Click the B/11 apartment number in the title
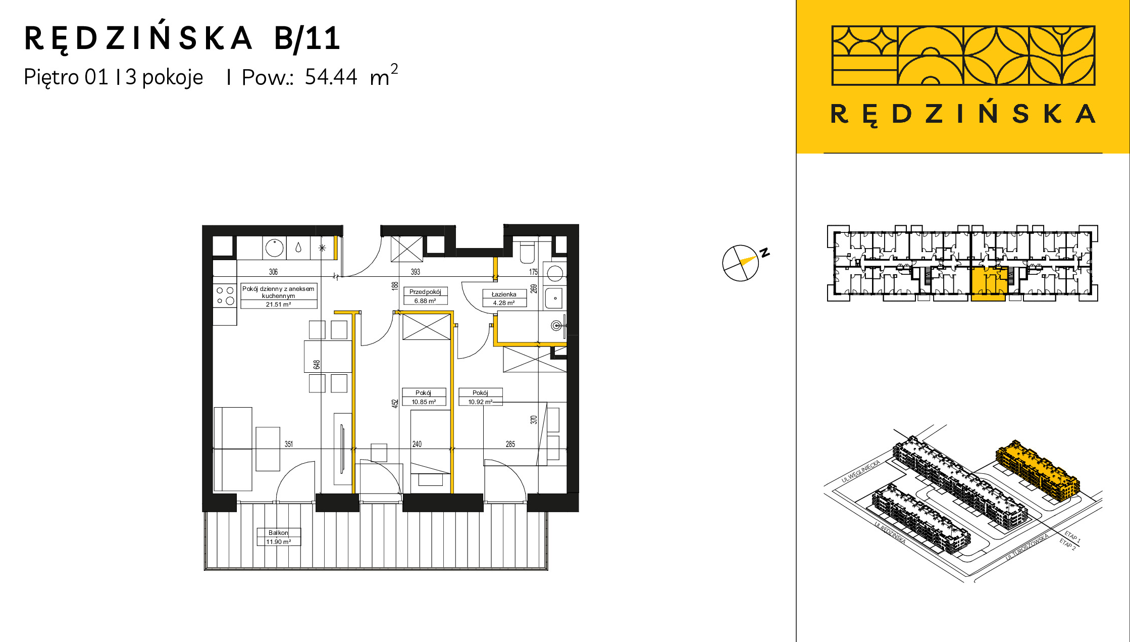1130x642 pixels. point(307,39)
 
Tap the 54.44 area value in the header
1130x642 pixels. point(331,77)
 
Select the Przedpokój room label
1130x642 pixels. point(425,292)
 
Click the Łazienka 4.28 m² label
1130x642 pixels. point(504,299)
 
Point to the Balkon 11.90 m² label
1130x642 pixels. point(279,537)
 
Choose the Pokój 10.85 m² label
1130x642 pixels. point(424,397)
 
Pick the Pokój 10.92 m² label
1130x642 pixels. point(480,397)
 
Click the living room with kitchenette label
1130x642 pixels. point(279,296)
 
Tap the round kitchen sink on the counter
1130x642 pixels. point(274,248)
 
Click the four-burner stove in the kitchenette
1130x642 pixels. point(225,296)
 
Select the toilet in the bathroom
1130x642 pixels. point(527,253)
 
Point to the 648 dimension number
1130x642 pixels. point(317,364)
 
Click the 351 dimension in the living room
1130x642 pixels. point(288,444)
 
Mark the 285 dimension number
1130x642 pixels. point(510,444)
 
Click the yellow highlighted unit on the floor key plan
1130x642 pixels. point(989,284)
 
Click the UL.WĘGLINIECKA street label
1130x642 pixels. point(861,471)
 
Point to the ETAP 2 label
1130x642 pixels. point(1067,544)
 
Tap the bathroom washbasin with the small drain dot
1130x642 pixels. point(554,298)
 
